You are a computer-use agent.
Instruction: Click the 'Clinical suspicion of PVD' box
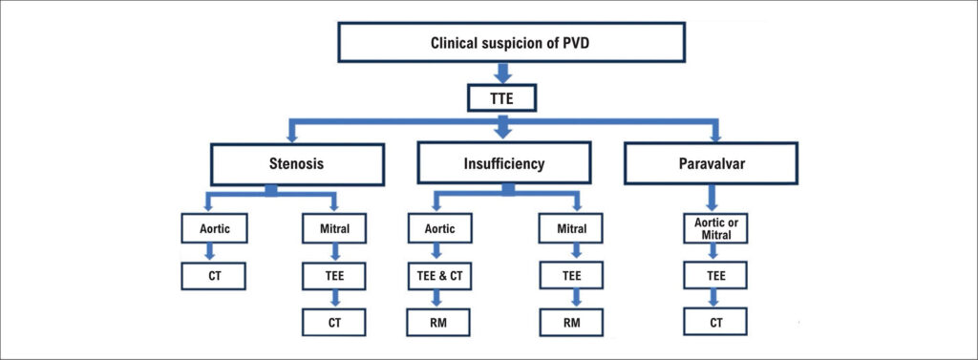click(x=512, y=42)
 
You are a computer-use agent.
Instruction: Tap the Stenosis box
click(x=297, y=164)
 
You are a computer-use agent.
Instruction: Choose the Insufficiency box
click(x=504, y=164)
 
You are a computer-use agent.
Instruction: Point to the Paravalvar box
click(x=711, y=163)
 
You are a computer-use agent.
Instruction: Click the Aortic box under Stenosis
click(x=214, y=228)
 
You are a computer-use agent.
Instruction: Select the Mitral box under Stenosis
click(x=333, y=228)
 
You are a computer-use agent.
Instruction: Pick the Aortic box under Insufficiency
click(x=439, y=228)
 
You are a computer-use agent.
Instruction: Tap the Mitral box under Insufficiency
click(x=571, y=228)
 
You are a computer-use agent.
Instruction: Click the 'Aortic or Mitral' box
click(x=716, y=228)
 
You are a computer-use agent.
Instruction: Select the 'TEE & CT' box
click(x=439, y=276)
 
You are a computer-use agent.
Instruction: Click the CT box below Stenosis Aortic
click(x=214, y=276)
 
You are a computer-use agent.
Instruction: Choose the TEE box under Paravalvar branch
click(x=716, y=276)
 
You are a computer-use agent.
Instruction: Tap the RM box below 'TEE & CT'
click(x=439, y=323)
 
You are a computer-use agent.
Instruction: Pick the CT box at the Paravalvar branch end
click(x=716, y=323)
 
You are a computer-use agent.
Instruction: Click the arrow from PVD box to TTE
click(x=502, y=73)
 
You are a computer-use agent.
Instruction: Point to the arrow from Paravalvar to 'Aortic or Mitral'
click(x=711, y=199)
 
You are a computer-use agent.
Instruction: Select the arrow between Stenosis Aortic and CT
click(x=209, y=252)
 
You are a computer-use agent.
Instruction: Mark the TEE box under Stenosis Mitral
click(x=333, y=276)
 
